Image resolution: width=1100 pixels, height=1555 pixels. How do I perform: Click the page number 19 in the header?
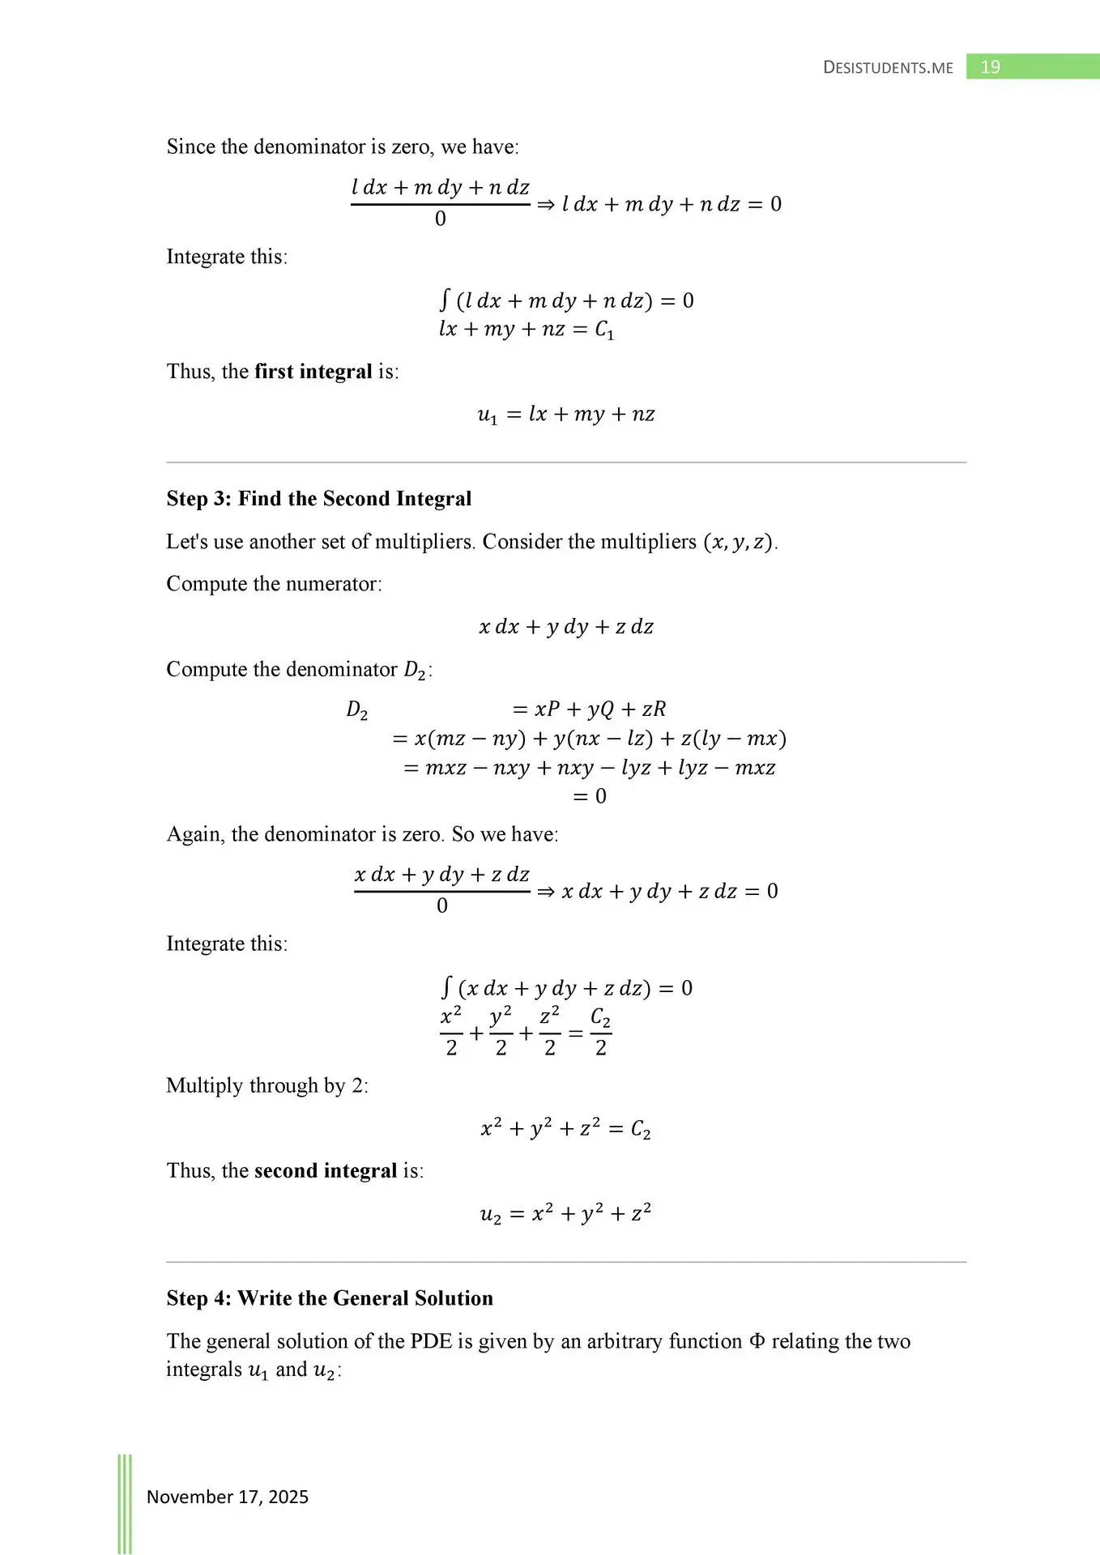(990, 67)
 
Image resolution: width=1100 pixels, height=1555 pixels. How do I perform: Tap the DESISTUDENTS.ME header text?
(888, 68)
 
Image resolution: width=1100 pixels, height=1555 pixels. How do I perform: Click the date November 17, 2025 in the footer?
(227, 1497)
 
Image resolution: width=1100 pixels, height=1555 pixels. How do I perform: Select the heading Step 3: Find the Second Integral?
(318, 498)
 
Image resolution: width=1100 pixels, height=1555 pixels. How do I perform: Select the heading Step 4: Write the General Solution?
(330, 1298)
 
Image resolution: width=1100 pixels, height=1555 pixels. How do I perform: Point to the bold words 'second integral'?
(325, 1170)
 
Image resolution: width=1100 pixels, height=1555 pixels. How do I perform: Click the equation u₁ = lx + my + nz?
(565, 415)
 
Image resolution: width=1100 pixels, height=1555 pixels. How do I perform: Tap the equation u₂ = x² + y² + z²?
(565, 1214)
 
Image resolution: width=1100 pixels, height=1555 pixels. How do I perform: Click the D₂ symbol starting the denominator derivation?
(356, 710)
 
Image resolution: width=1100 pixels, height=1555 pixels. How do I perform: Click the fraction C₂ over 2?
(600, 1033)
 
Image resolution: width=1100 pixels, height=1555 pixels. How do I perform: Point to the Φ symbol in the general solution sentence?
(757, 1341)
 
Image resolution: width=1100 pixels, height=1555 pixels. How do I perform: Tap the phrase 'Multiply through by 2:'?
(267, 1085)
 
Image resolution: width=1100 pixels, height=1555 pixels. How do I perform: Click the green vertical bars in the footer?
(125, 1502)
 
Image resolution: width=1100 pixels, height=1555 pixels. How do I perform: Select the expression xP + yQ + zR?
(599, 709)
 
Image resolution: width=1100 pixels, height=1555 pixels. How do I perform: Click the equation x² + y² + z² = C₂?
(565, 1128)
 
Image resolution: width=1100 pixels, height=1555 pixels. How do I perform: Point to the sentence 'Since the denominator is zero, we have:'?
(343, 147)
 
